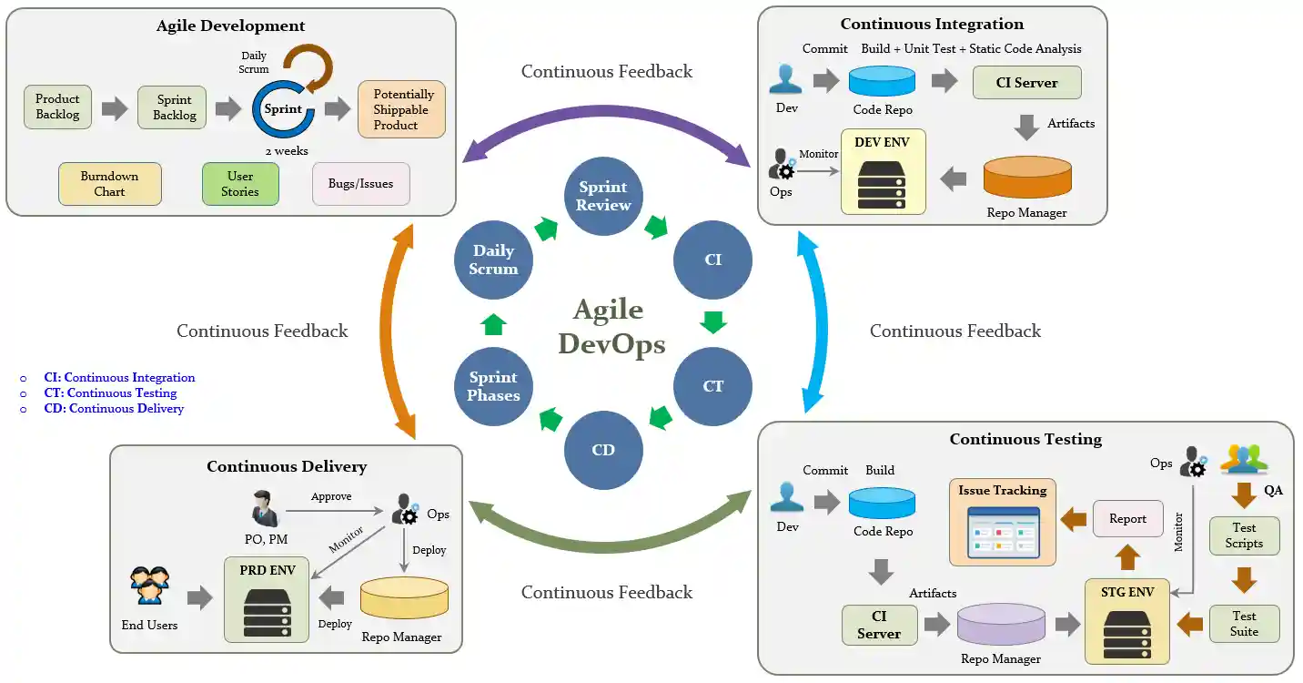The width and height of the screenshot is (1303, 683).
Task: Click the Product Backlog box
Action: (57, 107)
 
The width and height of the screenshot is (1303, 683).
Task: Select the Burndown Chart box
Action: (109, 183)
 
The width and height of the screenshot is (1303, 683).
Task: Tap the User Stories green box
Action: (240, 183)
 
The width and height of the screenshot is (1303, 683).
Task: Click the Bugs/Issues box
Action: (361, 184)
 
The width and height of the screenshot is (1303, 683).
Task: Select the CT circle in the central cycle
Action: (712, 386)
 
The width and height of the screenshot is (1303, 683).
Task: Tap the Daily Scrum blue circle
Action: (493, 260)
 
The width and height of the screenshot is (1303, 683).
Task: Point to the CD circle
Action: (602, 450)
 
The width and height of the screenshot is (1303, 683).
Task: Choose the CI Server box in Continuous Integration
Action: (1026, 82)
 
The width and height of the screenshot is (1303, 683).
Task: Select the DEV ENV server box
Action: (883, 171)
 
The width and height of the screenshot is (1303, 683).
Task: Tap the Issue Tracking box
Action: (1003, 522)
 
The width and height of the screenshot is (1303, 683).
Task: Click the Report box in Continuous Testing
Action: (1127, 519)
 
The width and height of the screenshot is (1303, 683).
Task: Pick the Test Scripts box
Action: (1244, 535)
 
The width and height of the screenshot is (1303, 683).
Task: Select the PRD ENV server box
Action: (267, 601)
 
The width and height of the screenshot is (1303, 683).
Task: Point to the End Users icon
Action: (150, 587)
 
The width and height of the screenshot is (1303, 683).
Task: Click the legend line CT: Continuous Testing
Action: (110, 393)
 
